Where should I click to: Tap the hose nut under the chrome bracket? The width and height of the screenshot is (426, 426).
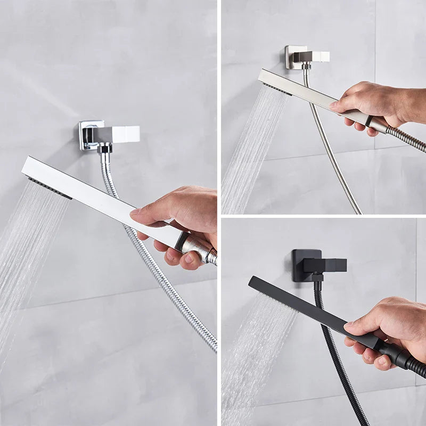coord(105,149)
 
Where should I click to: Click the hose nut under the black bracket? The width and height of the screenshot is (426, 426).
coord(318,277)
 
